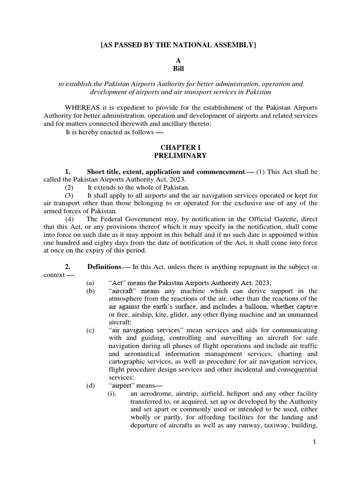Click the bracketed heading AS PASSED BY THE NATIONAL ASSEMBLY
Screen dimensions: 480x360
[180, 45]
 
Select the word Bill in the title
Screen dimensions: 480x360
[180, 68]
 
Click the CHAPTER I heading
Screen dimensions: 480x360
[180, 147]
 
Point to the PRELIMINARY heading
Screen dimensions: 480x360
[180, 155]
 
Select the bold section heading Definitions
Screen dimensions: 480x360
[104, 267]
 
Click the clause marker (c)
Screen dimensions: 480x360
[90, 330]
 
